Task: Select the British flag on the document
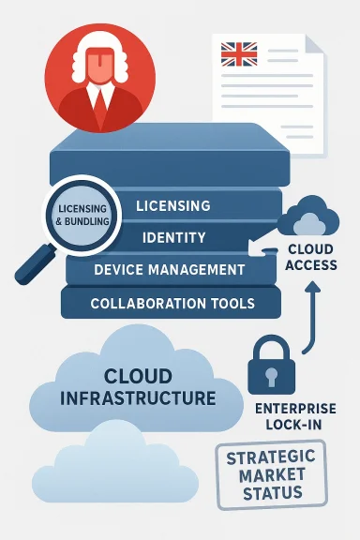click(x=239, y=53)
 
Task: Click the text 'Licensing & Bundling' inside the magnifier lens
click(x=80, y=214)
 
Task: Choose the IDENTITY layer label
click(x=175, y=238)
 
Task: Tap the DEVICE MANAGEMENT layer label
click(x=170, y=270)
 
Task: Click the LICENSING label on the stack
click(x=172, y=205)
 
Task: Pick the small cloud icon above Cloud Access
click(x=309, y=218)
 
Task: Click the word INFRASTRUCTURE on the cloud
click(x=138, y=397)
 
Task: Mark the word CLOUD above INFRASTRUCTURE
click(x=138, y=377)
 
